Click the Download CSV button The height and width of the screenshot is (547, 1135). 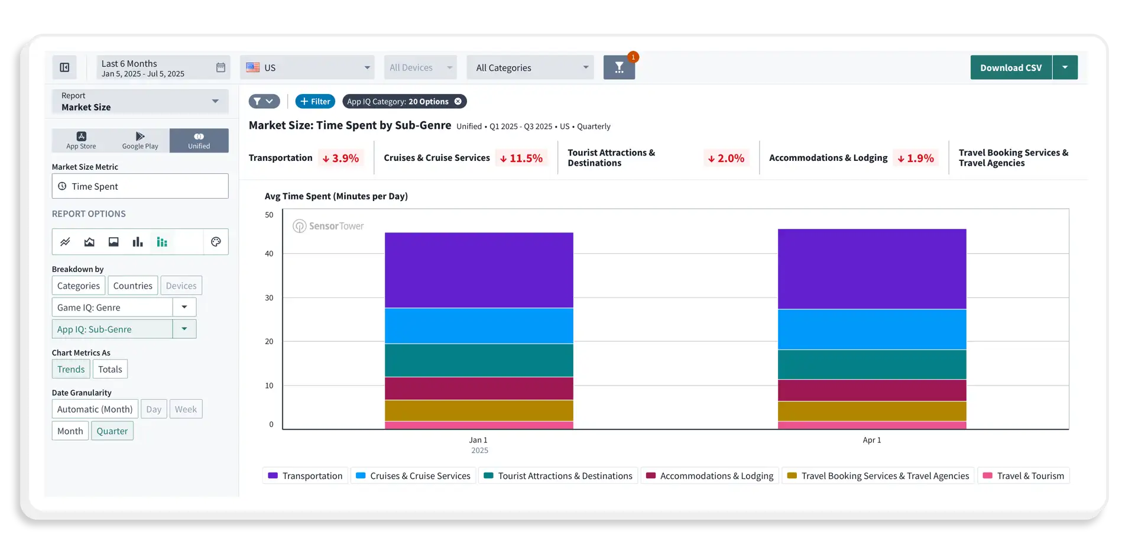(1010, 67)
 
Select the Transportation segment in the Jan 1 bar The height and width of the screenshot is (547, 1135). (479, 270)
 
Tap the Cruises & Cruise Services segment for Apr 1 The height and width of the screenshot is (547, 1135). (872, 329)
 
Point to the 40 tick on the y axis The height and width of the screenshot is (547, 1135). (269, 254)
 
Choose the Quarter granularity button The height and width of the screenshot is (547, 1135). (112, 431)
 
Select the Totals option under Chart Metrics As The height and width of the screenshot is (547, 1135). (110, 369)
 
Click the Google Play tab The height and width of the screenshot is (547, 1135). (140, 141)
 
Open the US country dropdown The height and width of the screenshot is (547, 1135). (307, 67)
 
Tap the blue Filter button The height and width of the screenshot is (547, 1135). (315, 101)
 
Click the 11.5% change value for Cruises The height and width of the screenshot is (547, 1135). (521, 158)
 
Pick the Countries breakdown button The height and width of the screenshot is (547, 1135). (132, 286)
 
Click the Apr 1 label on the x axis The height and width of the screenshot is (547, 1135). (872, 440)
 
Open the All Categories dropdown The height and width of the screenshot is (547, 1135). (531, 67)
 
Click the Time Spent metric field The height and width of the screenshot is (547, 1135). (140, 186)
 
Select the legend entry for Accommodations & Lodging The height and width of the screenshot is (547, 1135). (710, 475)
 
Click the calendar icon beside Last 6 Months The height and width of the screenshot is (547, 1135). (220, 67)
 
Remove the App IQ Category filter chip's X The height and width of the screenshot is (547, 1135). (458, 101)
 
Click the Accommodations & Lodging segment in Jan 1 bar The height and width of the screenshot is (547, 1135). (479, 389)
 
